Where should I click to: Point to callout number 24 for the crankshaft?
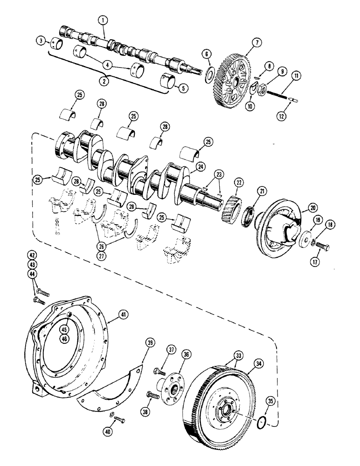click(x=200, y=165)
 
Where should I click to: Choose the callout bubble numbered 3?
click(x=42, y=42)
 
